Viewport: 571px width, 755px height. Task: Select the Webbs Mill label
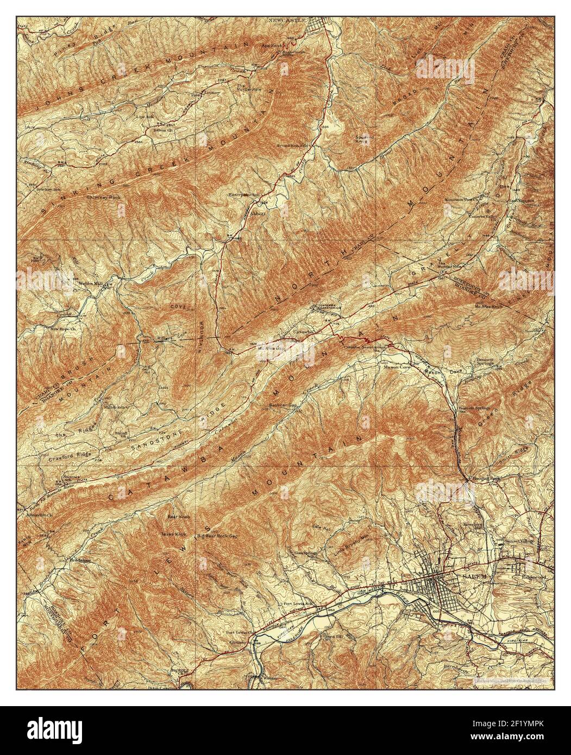pyautogui.click(x=83, y=284)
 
